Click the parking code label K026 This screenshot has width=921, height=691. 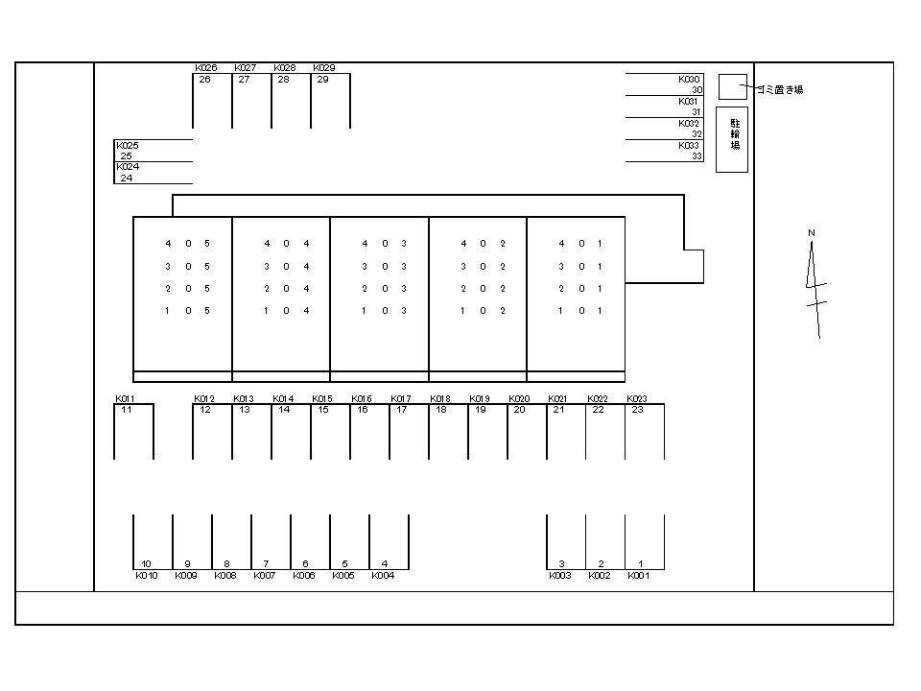(x=205, y=68)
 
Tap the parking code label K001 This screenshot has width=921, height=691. (x=639, y=576)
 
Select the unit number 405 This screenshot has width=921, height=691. (x=187, y=244)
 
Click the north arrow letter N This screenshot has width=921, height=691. (x=811, y=233)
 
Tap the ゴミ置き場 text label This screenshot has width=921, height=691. (x=780, y=89)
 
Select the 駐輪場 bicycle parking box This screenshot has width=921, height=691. (x=732, y=139)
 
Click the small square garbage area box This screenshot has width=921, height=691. (x=732, y=86)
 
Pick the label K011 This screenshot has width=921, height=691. (x=126, y=398)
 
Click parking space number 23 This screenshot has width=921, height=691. (x=637, y=410)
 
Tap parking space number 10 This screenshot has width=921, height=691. (x=146, y=564)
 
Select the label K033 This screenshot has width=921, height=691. (x=690, y=146)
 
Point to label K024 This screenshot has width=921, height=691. (x=128, y=167)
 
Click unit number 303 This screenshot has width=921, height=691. (x=384, y=267)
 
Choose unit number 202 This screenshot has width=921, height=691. (x=483, y=289)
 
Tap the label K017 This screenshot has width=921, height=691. (x=401, y=398)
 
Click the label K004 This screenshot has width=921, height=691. (x=382, y=576)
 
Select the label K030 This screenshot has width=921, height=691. (x=690, y=79)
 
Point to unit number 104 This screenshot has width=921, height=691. (x=286, y=311)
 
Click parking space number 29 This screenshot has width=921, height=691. (x=322, y=80)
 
